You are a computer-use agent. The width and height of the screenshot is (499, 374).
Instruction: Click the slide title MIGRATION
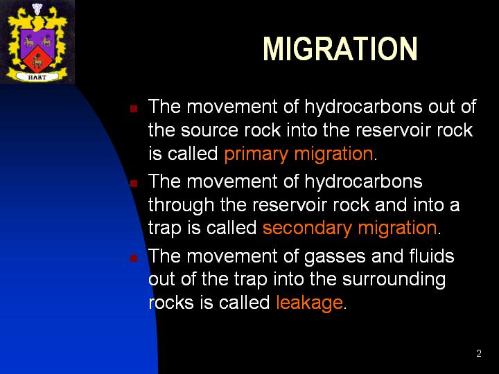[340, 48]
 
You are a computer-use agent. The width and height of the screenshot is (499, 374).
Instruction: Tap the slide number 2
[479, 353]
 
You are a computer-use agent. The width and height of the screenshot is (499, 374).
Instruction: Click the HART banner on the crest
[37, 77]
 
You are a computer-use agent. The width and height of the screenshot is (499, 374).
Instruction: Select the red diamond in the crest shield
[37, 59]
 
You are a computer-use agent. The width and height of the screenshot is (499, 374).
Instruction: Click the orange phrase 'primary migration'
[299, 154]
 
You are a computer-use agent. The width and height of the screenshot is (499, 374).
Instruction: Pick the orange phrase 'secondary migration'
[350, 228]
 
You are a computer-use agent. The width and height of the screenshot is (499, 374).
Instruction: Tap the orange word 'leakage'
[309, 303]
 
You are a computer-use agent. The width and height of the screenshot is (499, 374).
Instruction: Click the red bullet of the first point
[134, 109]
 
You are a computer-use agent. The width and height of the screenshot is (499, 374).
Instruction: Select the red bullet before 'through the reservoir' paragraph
[134, 183]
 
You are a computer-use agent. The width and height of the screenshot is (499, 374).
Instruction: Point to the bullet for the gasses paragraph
[134, 258]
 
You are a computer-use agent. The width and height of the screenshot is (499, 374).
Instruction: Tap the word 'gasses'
[335, 257]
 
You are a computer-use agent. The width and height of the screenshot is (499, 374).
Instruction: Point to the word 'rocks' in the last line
[171, 302]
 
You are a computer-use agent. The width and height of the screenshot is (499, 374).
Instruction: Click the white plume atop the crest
[37, 8]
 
